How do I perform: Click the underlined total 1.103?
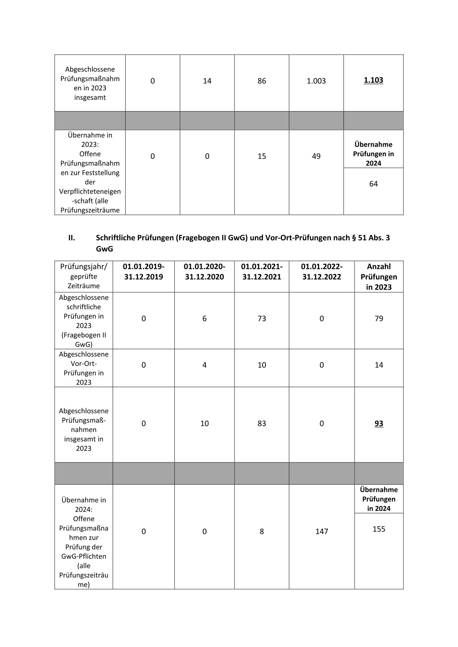click(x=373, y=80)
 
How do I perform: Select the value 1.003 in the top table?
click(x=316, y=81)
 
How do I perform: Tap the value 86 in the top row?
click(x=262, y=81)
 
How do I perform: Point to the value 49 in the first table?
click(x=316, y=156)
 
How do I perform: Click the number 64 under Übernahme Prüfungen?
click(x=373, y=184)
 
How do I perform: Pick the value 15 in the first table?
click(x=262, y=156)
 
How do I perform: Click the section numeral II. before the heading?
click(x=72, y=238)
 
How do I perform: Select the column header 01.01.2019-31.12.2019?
click(x=143, y=272)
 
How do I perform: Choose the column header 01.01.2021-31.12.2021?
click(x=262, y=272)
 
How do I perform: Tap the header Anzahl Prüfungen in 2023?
click(x=379, y=277)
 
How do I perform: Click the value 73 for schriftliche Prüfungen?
click(x=262, y=319)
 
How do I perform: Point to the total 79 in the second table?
click(x=379, y=319)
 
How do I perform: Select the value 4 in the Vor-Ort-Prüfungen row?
click(x=204, y=365)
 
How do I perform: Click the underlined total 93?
click(x=379, y=424)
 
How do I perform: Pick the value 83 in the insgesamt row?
click(x=262, y=424)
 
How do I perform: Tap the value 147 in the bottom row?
click(x=321, y=531)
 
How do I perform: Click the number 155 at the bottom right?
click(x=379, y=529)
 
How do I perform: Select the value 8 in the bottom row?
click(x=262, y=531)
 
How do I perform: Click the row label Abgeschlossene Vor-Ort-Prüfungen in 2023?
click(x=84, y=368)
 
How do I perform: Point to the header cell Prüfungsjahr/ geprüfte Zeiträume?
click(x=84, y=276)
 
